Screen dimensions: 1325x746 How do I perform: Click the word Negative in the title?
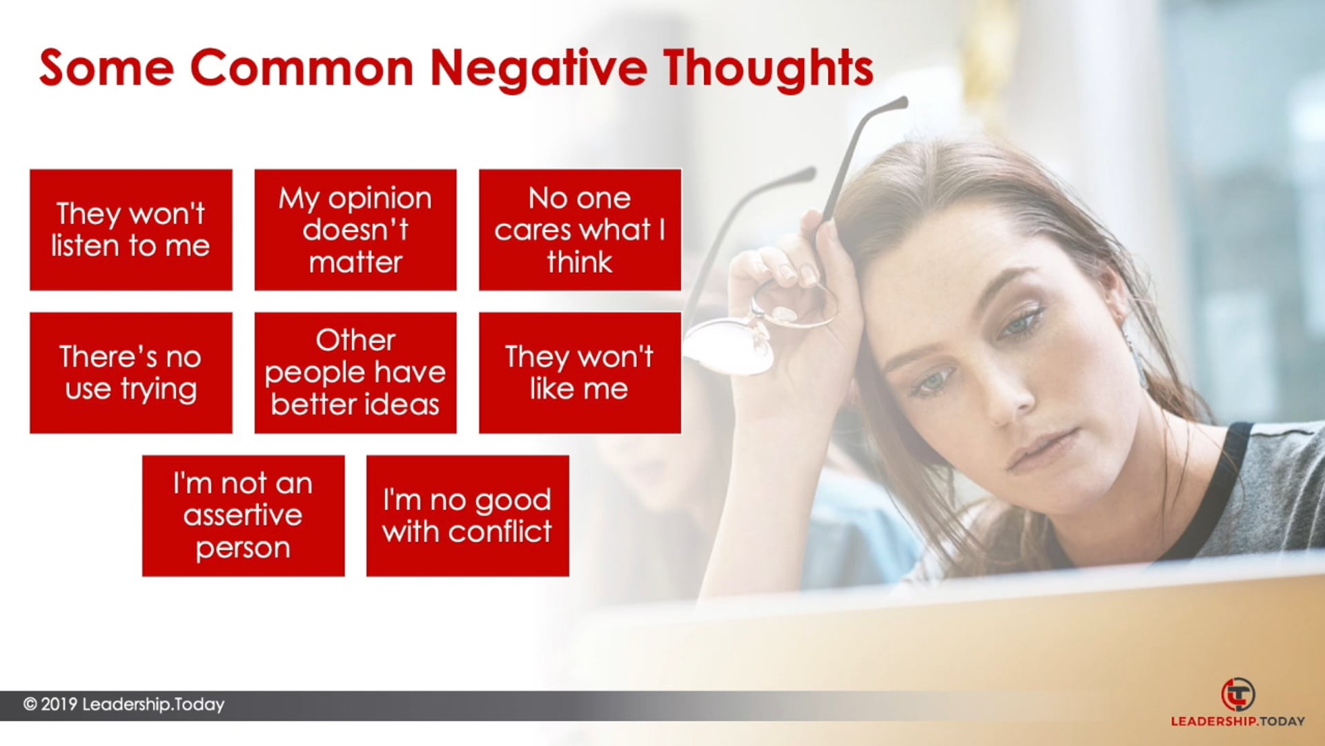(x=539, y=69)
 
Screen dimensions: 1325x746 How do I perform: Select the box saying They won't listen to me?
(x=131, y=230)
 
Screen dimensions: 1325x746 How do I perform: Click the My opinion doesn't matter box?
(x=355, y=230)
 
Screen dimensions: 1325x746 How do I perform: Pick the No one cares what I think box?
(x=580, y=230)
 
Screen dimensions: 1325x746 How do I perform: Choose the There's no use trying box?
(x=131, y=373)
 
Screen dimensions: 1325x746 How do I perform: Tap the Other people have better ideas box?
(x=355, y=373)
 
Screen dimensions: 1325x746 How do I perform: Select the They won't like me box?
(x=580, y=373)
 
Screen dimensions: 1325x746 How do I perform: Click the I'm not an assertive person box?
(x=243, y=516)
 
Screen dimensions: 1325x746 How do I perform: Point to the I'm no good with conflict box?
(x=468, y=516)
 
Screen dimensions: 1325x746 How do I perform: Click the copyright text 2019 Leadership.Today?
(x=124, y=705)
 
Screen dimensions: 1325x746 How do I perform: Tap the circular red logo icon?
(x=1238, y=695)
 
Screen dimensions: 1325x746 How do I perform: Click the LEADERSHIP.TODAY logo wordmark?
(x=1238, y=721)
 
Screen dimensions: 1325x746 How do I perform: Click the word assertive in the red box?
(x=243, y=515)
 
